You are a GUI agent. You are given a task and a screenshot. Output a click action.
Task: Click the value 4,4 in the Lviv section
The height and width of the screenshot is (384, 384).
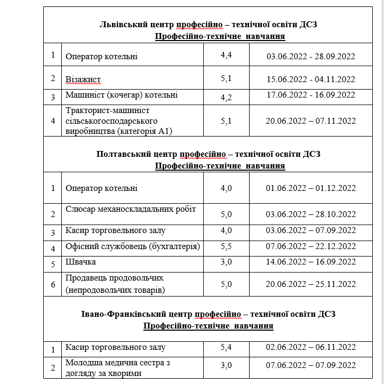point(226,54)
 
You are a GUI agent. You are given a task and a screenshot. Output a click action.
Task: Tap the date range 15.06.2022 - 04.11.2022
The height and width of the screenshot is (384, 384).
point(310,79)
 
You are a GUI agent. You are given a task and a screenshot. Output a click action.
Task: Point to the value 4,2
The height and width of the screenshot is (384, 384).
point(226,97)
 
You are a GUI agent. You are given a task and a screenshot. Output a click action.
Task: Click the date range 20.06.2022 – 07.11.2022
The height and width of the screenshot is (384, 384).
point(310,121)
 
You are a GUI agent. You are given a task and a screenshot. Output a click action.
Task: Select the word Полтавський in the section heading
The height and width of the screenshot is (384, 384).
point(122,154)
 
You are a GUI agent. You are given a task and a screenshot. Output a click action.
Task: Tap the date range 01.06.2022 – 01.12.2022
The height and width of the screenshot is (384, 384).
point(310,188)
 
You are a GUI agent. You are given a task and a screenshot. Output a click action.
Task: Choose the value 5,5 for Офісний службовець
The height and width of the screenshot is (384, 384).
point(226,246)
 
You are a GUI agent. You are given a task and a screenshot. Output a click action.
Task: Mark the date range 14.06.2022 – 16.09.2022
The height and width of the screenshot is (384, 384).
point(310,262)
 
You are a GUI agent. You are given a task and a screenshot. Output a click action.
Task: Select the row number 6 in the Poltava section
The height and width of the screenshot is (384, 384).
point(53,285)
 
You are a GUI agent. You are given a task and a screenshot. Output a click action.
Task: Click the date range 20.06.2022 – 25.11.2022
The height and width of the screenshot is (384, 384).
point(310,285)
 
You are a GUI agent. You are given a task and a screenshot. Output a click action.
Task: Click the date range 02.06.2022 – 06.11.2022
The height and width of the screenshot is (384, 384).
point(310,348)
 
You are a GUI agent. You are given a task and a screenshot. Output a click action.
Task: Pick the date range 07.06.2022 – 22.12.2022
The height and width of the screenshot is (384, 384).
point(310,246)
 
